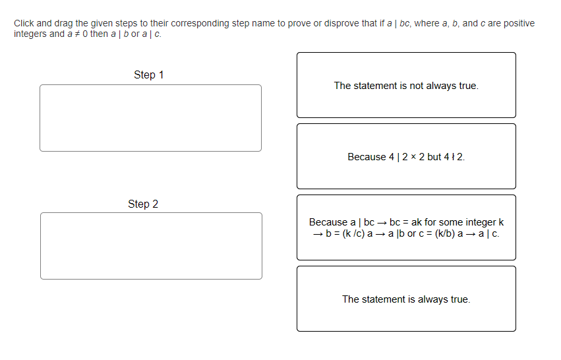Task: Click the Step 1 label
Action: click(148, 75)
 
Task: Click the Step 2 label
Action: click(143, 204)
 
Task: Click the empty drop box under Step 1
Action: click(150, 118)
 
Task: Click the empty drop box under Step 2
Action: click(151, 246)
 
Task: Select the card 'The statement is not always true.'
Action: click(406, 85)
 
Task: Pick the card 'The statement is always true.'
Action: click(406, 299)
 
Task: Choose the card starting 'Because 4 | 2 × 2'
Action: click(406, 156)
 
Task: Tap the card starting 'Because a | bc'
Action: click(406, 227)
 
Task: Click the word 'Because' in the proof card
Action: click(328, 222)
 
